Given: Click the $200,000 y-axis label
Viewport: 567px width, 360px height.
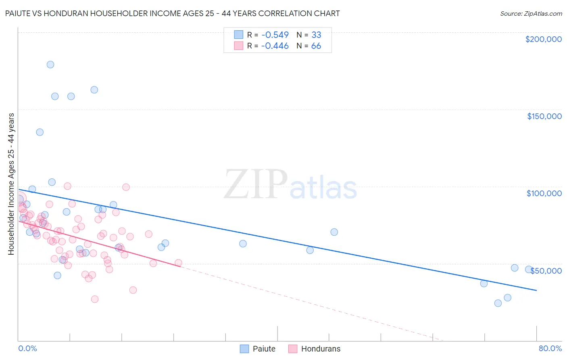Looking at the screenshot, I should [x=543, y=39].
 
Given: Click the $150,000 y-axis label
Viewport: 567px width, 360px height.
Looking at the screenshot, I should [x=544, y=116].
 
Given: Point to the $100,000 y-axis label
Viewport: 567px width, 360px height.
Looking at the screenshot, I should [x=544, y=193].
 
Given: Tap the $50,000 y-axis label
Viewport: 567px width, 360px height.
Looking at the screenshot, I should [x=546, y=270].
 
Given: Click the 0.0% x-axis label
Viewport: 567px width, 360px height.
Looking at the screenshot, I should [x=27, y=348].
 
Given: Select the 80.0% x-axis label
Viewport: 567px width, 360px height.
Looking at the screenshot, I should [x=550, y=348].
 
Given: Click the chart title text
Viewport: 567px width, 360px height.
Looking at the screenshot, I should [x=172, y=13].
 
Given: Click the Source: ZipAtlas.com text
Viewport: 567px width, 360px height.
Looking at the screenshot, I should [x=531, y=14].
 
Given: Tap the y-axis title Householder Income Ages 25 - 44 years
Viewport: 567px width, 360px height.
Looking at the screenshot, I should [x=11, y=184].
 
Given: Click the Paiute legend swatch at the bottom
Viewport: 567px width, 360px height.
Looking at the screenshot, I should [x=244, y=349].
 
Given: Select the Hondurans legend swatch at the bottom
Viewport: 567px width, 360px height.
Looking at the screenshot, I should [x=293, y=349].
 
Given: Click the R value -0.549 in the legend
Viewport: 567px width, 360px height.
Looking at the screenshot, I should [x=275, y=35].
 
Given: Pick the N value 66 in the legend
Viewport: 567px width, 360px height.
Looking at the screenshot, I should [x=316, y=46].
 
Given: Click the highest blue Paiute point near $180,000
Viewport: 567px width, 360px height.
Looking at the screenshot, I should [x=50, y=65].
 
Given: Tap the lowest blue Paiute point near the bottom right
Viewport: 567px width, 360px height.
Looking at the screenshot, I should [x=498, y=303].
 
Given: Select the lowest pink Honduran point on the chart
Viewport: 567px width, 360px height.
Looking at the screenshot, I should [x=95, y=299].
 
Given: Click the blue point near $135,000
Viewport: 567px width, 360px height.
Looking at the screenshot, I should [x=40, y=132].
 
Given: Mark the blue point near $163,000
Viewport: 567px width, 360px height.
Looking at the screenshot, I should [x=94, y=90].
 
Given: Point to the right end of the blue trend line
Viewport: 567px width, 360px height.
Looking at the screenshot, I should [x=536, y=290].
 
